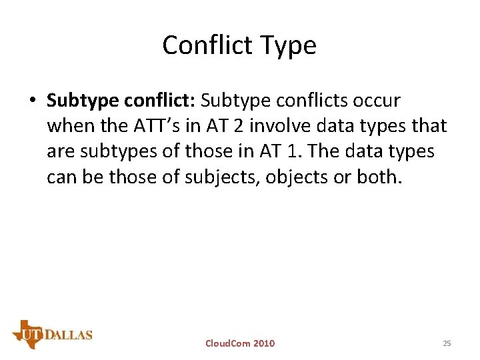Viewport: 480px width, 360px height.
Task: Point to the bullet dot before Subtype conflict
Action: [32, 101]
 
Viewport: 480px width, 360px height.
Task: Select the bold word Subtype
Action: [83, 101]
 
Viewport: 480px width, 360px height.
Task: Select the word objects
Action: [301, 177]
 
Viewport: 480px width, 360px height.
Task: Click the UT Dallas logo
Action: [52, 333]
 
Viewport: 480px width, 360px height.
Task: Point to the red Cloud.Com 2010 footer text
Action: [240, 343]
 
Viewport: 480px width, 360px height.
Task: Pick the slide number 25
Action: [447, 343]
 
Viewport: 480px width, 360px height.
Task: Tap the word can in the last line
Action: [61, 177]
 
